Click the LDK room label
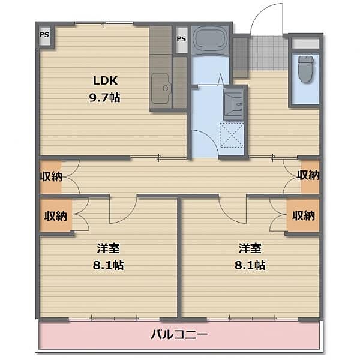(x=106, y=80)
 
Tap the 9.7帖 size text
(x=104, y=98)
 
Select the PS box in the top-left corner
(x=44, y=35)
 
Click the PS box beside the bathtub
(x=181, y=40)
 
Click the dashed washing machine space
(x=232, y=135)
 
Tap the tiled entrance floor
(x=268, y=53)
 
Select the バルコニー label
(x=179, y=334)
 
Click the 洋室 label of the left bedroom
(x=108, y=248)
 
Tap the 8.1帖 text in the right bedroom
(x=250, y=265)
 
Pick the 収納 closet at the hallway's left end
(x=51, y=176)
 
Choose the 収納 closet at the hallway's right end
(x=310, y=175)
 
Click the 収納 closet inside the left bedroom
(x=56, y=215)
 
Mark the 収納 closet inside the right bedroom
(x=303, y=215)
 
